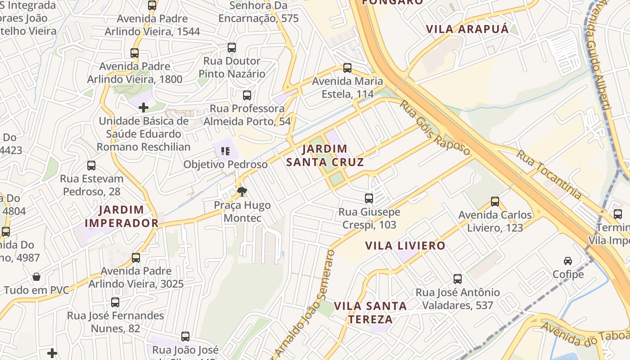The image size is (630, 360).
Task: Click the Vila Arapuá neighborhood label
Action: [467, 29]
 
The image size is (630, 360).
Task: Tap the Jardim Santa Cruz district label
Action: [324, 155]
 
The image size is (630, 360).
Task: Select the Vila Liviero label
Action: [405, 246]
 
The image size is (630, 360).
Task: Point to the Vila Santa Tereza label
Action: [370, 312]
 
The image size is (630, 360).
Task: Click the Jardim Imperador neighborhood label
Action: [121, 216]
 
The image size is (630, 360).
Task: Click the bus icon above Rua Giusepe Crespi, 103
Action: [369, 198]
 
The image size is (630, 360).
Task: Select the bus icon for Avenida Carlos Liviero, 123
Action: [495, 201]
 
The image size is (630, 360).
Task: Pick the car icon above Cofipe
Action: [568, 261]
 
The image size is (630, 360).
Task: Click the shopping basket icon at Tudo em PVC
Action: [36, 276]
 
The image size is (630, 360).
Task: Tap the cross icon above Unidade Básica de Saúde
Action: [144, 108]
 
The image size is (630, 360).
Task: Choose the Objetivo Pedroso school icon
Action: [225, 151]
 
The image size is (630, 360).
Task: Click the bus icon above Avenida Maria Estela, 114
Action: [347, 68]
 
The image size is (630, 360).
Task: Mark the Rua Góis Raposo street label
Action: [435, 128]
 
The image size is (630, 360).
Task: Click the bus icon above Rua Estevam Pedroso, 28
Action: [91, 165]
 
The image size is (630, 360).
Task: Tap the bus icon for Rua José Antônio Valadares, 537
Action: [458, 279]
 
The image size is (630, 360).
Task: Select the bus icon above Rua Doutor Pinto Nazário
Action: [232, 47]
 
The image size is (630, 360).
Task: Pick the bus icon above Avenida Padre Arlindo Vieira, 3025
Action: [136, 257]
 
